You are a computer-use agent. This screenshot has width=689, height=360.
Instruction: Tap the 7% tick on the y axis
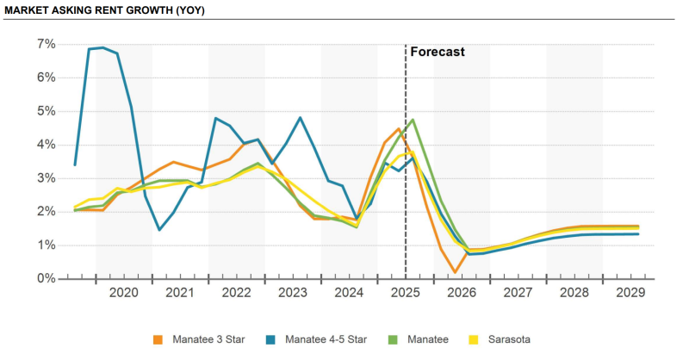(46, 44)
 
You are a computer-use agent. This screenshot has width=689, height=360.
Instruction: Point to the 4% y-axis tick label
(46, 145)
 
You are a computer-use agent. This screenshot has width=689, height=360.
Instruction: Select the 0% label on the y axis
(46, 279)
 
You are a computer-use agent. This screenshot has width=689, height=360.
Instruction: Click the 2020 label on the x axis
(124, 293)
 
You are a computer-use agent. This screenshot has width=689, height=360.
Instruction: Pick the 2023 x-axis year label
(293, 293)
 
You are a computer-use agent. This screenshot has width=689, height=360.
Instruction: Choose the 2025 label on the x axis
(405, 293)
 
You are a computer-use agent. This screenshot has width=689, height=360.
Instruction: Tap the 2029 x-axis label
(630, 293)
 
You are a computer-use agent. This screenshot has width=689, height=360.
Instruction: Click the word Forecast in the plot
(438, 52)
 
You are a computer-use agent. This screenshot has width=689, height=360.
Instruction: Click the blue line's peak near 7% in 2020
(103, 47)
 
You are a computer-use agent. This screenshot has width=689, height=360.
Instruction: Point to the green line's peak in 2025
(413, 120)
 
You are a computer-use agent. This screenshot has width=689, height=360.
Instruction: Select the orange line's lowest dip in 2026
(455, 272)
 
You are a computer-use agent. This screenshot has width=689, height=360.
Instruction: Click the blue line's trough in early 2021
(160, 230)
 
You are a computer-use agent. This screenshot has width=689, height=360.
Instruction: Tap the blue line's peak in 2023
(300, 117)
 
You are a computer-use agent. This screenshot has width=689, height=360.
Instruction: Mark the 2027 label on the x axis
(518, 293)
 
